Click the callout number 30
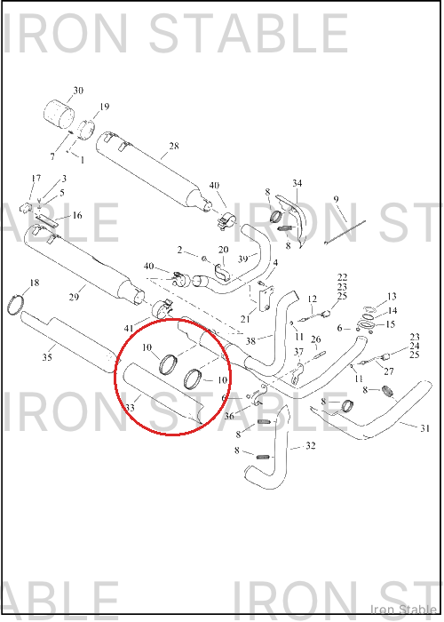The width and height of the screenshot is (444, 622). (x=78, y=91)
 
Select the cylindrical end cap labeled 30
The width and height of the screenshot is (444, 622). (x=59, y=115)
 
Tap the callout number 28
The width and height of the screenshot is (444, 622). (x=174, y=146)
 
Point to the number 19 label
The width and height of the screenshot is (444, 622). (x=104, y=107)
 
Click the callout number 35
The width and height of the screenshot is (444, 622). (x=47, y=357)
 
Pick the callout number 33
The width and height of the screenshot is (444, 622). (x=130, y=407)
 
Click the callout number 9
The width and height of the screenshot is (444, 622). (x=337, y=199)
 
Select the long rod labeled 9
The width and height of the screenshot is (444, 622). (x=345, y=232)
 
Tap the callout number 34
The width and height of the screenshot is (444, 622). (x=297, y=183)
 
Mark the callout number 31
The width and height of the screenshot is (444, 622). (x=424, y=428)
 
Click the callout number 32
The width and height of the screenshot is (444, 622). (x=311, y=446)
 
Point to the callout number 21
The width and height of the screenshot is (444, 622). (x=245, y=318)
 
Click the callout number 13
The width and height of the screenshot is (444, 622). (x=392, y=296)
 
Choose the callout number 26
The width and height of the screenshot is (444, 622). (x=315, y=339)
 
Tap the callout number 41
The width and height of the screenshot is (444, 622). (x=129, y=329)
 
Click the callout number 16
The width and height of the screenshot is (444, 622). (x=77, y=215)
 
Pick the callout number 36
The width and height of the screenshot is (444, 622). (x=229, y=417)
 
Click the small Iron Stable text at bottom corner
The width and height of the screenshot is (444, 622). (x=403, y=609)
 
